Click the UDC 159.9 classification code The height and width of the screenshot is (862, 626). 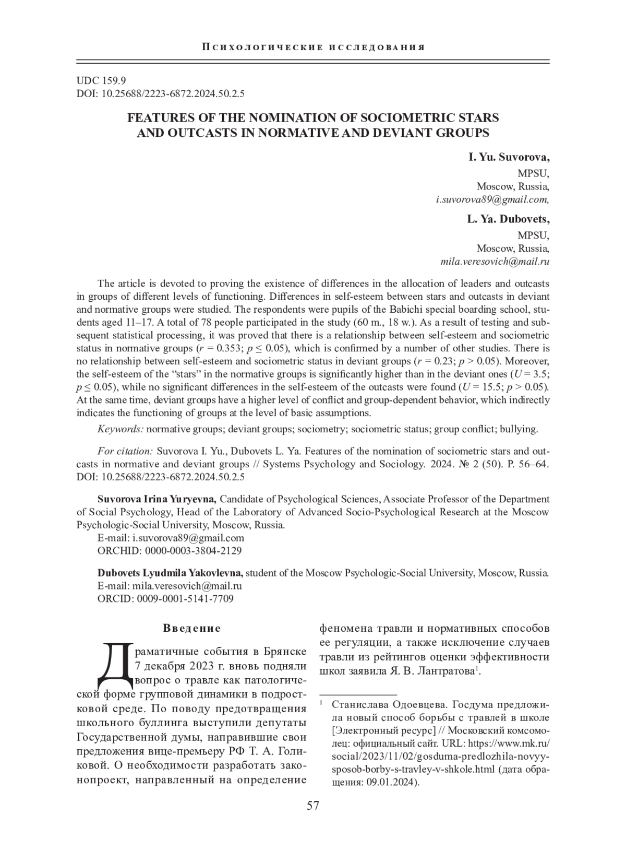[x=101, y=81]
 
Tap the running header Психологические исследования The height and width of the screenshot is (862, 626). [x=313, y=48]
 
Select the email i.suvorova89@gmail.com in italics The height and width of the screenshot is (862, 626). [x=492, y=199]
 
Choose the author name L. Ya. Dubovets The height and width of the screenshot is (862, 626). [x=508, y=219]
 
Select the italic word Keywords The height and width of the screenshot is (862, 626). [x=121, y=429]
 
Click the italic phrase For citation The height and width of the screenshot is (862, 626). [x=125, y=451]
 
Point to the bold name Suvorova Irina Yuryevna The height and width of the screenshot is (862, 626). [x=157, y=499]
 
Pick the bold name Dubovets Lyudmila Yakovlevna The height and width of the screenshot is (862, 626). [x=170, y=573]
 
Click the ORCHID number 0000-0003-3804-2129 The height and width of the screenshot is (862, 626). [x=193, y=550]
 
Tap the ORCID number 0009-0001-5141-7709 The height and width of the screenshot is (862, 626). [x=185, y=598]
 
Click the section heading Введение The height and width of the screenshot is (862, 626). [x=192, y=628]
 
